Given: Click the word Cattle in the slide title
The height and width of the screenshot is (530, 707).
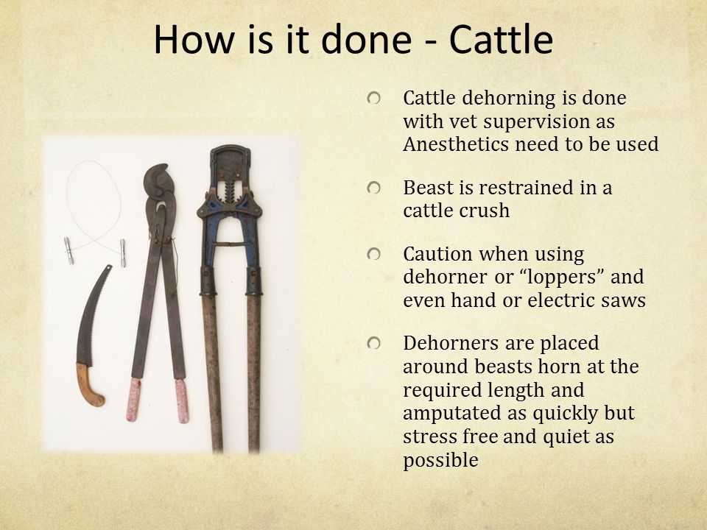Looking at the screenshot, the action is (501, 39).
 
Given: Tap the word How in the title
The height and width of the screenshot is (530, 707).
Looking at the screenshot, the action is (194, 39).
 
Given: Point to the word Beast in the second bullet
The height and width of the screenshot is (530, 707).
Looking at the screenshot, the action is (428, 188).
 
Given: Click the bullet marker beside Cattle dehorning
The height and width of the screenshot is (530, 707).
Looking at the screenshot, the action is (373, 98).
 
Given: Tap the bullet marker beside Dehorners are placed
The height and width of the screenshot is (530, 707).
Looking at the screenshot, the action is (373, 344).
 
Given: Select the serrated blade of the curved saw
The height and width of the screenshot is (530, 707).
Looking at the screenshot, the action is (94, 316).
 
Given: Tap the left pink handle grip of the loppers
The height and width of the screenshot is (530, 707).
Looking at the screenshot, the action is (134, 399).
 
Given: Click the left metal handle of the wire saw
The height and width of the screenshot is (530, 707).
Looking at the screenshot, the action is (68, 250).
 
